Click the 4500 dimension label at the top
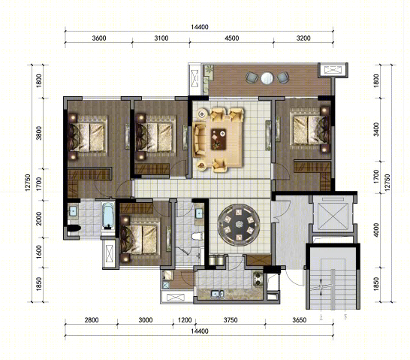[x=232, y=38]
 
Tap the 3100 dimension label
[x=161, y=38]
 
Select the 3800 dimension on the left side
[x=39, y=133]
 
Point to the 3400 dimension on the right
[x=376, y=129]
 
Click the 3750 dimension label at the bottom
[x=231, y=320]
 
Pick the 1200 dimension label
[x=185, y=320]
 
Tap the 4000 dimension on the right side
[x=376, y=230]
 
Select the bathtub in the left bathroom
[x=108, y=215]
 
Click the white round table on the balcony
[x=267, y=78]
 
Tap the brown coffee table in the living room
[x=219, y=139]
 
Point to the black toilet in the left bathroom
[x=74, y=228]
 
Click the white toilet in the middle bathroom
[x=197, y=236]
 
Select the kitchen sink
[x=217, y=294]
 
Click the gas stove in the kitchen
[x=258, y=279]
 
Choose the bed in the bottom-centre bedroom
[x=140, y=240]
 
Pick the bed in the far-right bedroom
[x=310, y=130]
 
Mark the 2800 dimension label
[x=92, y=320]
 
